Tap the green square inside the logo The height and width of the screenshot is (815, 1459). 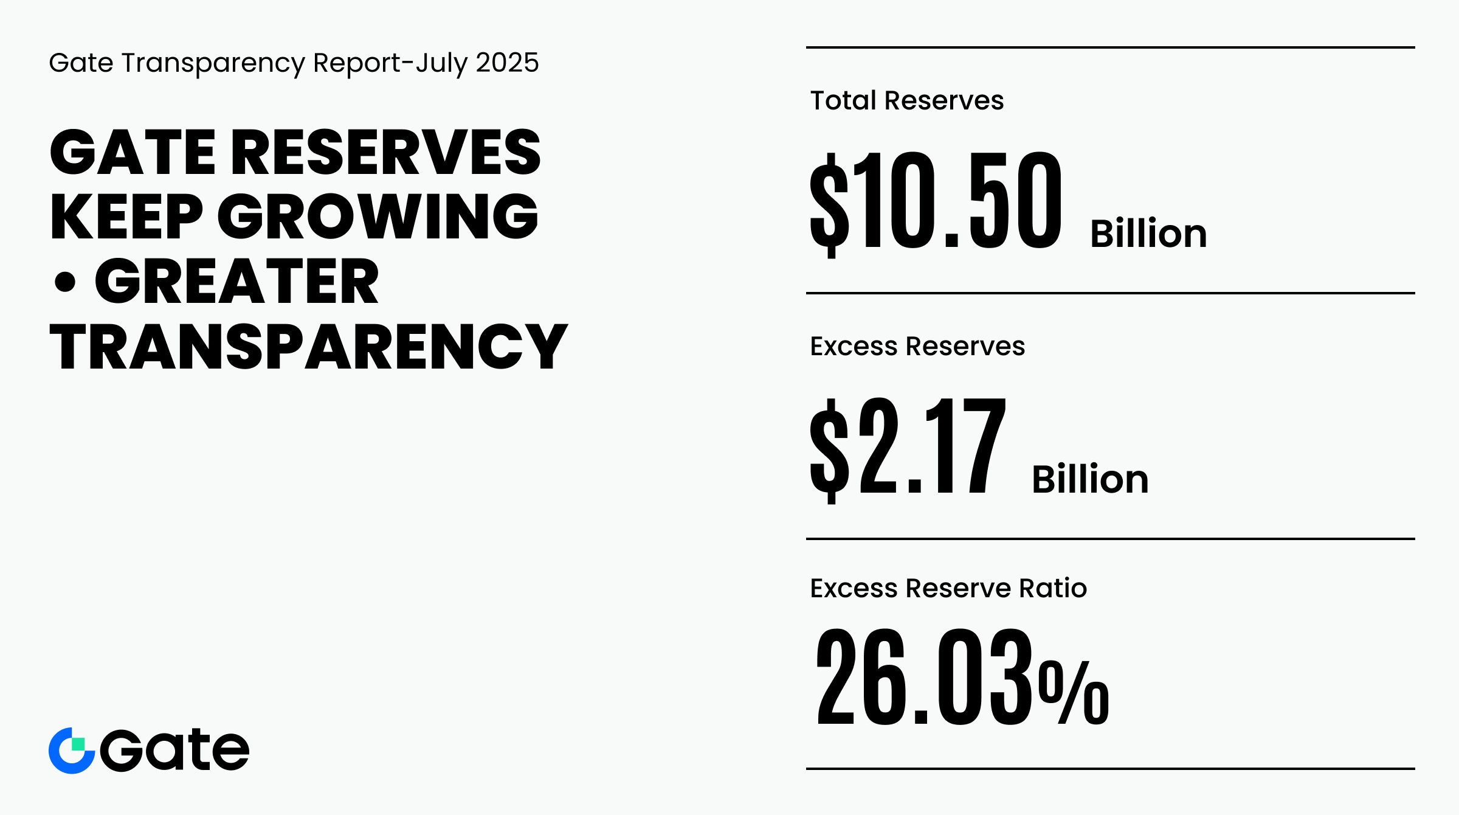pyautogui.click(x=78, y=744)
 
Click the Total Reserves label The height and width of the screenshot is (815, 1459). pyautogui.click(x=906, y=100)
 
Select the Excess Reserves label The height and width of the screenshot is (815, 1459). pyautogui.click(x=917, y=346)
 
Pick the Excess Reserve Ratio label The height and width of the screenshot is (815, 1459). pyautogui.click(x=948, y=588)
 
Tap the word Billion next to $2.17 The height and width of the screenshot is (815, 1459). pyautogui.click(x=1090, y=479)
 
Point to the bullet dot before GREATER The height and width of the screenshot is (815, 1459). pyautogui.click(x=65, y=282)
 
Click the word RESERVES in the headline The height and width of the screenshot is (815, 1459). pyautogui.click(x=385, y=152)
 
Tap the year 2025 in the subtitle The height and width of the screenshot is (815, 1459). pyautogui.click(x=507, y=63)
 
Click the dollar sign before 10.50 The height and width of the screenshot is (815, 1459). pyautogui.click(x=829, y=204)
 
